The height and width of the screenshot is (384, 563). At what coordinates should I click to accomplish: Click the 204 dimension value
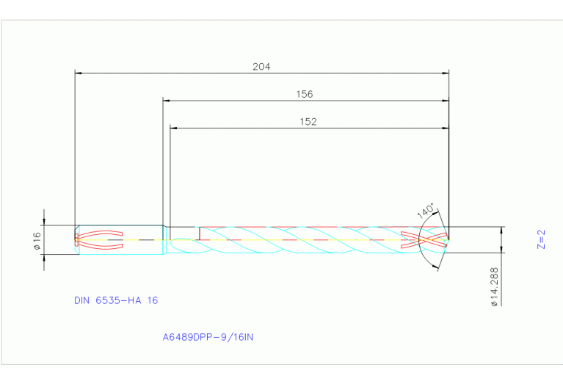coord(261,66)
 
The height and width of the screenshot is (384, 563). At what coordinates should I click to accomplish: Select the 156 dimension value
coord(304,94)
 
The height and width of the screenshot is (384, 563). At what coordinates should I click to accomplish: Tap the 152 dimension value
coord(308,122)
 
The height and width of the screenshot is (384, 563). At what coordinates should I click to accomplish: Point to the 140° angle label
coord(426,211)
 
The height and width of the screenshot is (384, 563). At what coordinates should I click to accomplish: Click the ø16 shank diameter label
coord(36,239)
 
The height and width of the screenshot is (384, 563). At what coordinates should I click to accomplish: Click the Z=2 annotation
coord(542,239)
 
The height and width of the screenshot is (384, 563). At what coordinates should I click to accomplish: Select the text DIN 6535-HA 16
coord(116,300)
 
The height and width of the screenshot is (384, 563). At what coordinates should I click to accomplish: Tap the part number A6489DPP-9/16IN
coord(208,338)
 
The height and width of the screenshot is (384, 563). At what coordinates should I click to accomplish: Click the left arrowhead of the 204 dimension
coord(79,73)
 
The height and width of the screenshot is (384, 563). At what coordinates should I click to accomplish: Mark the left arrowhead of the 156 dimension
coord(167,101)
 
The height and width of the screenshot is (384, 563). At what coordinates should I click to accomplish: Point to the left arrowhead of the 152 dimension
coord(174,128)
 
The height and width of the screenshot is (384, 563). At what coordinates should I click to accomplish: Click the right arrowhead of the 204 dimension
coord(446,73)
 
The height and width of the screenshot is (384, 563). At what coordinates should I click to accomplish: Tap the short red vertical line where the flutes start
coord(199,233)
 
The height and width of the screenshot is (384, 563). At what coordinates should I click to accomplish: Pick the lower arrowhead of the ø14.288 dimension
coord(502,254)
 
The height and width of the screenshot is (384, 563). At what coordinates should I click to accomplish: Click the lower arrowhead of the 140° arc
coord(439,266)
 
